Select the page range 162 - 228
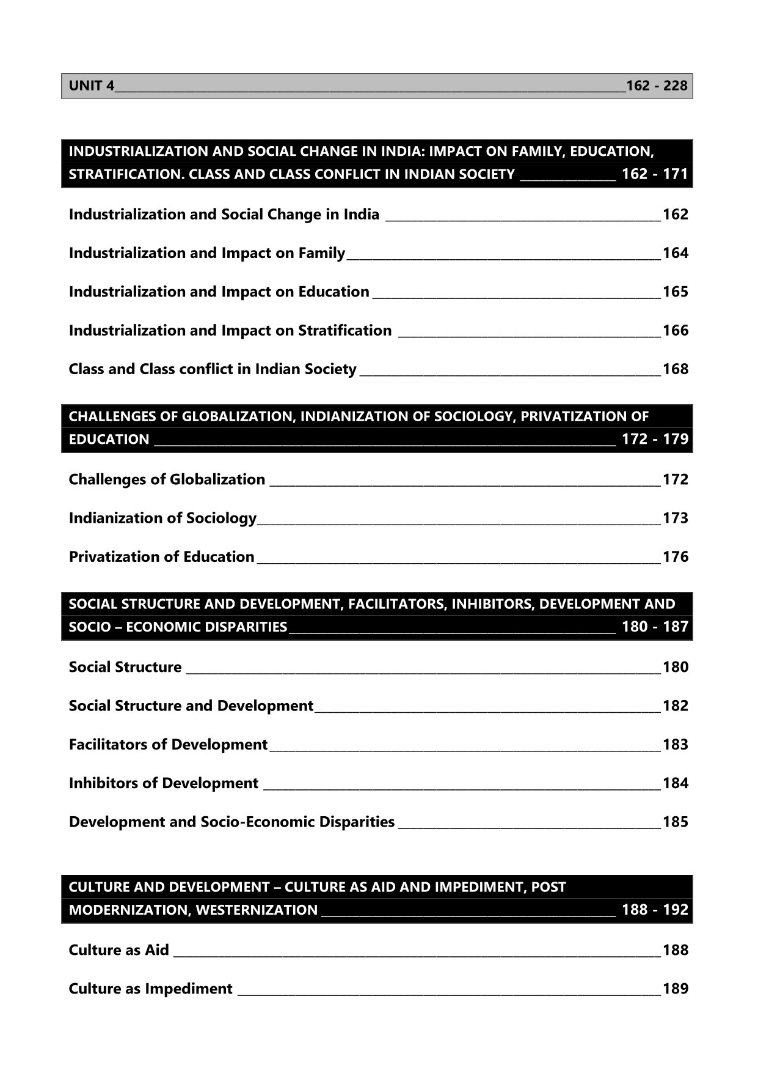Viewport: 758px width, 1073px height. pos(657,86)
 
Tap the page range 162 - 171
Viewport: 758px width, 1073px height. pos(655,174)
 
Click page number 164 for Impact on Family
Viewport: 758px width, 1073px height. pos(675,253)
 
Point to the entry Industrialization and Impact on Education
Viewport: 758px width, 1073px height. pos(219,292)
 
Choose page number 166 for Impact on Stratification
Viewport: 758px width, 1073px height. pos(675,331)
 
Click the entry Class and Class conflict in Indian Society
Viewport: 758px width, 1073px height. pos(212,369)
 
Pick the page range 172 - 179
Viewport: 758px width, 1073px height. pos(655,439)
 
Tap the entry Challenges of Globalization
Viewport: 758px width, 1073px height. pos(167,479)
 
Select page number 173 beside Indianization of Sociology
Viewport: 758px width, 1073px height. pos(675,518)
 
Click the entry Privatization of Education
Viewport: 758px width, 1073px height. pos(161,557)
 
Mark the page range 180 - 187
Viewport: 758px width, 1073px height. pos(655,627)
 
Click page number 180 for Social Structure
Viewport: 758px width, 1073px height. pos(675,667)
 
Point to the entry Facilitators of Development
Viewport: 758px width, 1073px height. pos(168,745)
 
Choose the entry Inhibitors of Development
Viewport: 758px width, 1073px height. pos(163,783)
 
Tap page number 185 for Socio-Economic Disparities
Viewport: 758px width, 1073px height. pos(675,822)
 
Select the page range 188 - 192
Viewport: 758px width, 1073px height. pos(655,910)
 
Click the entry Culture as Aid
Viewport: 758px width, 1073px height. pos(118,950)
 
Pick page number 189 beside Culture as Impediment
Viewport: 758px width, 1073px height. pos(675,989)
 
